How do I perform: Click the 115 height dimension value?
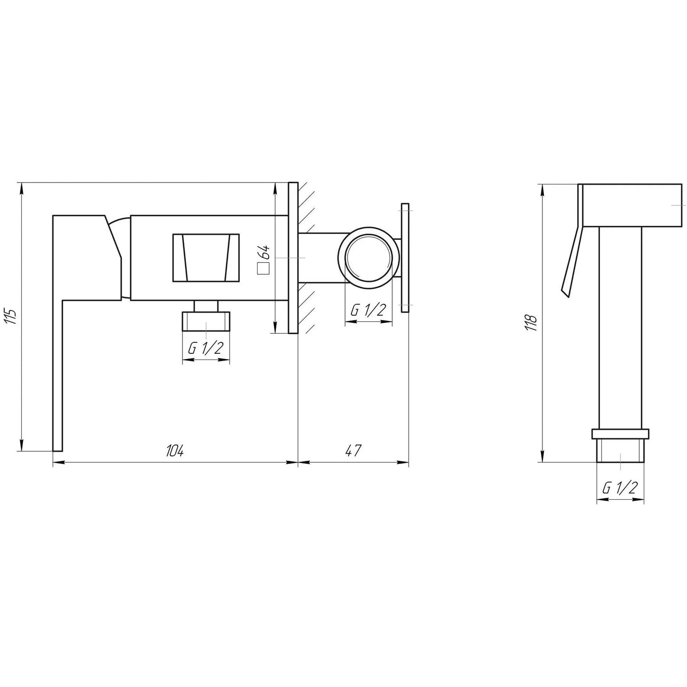[12, 317]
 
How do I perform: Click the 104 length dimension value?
[174, 451]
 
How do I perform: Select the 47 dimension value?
[353, 451]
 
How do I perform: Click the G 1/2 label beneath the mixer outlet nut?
[206, 348]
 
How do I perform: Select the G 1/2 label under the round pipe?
[368, 310]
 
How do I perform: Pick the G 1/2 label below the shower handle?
[619, 488]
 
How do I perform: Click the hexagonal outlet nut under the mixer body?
[206, 321]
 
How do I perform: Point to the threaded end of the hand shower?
[620, 451]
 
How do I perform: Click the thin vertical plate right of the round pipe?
[405, 257]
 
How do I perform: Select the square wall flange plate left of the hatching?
[293, 257]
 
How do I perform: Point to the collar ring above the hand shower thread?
[620, 434]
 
